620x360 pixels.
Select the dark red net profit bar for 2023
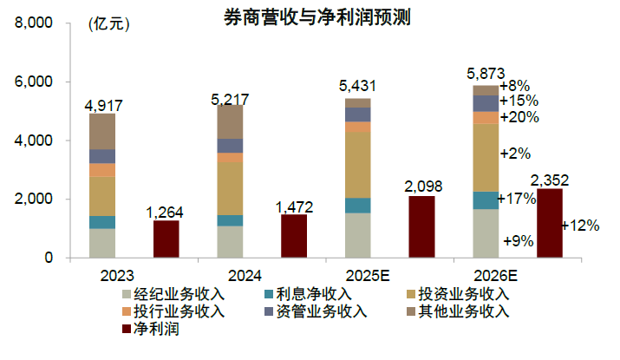[x=166, y=239]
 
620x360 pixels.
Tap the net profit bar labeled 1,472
[x=294, y=236]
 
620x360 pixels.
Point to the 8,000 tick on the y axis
[x=36, y=23]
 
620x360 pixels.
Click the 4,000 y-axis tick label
[x=36, y=141]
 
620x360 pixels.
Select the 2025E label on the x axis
[x=357, y=277]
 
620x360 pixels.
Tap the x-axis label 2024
[x=230, y=277]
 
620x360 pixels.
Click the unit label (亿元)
[x=108, y=24]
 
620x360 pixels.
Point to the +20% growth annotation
[x=519, y=117]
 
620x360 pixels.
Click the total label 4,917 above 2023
[x=102, y=106]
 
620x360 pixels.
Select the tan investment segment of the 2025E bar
[x=357, y=165]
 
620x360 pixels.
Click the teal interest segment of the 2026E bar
[x=485, y=200]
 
